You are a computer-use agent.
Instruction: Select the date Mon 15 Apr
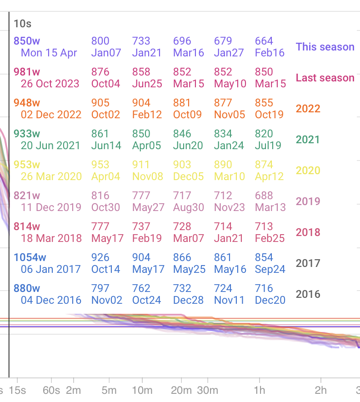pyautogui.click(x=49, y=53)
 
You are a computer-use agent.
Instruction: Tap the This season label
pyautogui.click(x=325, y=47)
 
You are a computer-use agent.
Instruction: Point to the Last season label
pyautogui.click(x=325, y=78)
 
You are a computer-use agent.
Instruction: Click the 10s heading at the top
pyautogui.click(x=22, y=24)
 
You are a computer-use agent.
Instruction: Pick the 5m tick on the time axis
pyautogui.click(x=109, y=390)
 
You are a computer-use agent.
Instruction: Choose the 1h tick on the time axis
pyautogui.click(x=260, y=390)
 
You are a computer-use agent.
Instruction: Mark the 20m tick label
pyautogui.click(x=181, y=390)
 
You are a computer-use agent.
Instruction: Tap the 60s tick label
pyautogui.click(x=51, y=390)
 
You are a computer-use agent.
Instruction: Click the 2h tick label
pyautogui.click(x=321, y=390)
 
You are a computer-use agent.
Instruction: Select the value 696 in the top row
pyautogui.click(x=182, y=41)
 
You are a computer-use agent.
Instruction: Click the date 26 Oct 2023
pyautogui.click(x=50, y=84)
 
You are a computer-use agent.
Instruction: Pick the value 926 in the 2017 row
pyautogui.click(x=100, y=257)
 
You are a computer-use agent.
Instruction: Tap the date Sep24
pyautogui.click(x=270, y=269)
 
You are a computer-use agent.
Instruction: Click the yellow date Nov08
pyautogui.click(x=148, y=176)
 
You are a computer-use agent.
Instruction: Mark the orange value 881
pyautogui.click(x=182, y=103)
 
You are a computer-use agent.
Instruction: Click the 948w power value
pyautogui.click(x=27, y=103)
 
